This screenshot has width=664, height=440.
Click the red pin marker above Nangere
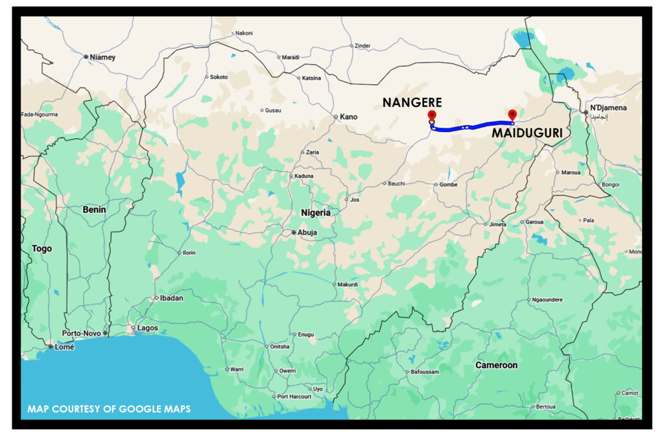[432, 115]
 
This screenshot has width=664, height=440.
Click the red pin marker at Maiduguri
[512, 115]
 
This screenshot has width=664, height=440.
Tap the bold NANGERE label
[412, 102]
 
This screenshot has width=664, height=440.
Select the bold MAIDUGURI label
[526, 133]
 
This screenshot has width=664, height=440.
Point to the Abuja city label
[309, 232]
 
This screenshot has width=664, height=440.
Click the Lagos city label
[147, 328]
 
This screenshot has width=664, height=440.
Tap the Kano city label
[349, 117]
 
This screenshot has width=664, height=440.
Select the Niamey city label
[102, 57]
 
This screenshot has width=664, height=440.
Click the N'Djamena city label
[608, 108]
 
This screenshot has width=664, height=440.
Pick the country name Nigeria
[316, 213]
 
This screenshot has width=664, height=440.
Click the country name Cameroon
[497, 365]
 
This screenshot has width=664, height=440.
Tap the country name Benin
[94, 210]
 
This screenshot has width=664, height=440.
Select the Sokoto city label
[219, 76]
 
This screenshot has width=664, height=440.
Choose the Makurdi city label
[347, 284]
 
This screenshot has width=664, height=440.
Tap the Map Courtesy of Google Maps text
[108, 409]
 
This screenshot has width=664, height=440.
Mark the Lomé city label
[64, 347]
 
